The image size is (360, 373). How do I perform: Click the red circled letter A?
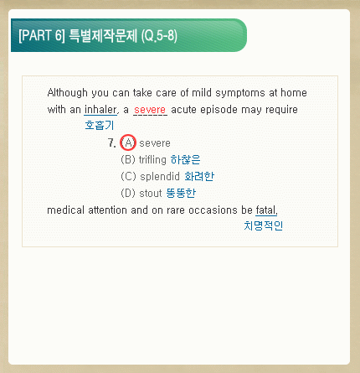(x=128, y=142)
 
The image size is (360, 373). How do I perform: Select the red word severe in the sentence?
(x=150, y=110)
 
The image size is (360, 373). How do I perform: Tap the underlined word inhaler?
(x=100, y=109)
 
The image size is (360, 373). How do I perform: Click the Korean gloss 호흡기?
(x=100, y=125)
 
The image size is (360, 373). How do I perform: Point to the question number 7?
(x=111, y=142)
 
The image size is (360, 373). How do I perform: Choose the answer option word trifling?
(x=152, y=159)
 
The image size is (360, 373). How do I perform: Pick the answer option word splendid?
(x=160, y=176)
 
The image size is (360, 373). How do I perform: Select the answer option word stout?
(x=151, y=193)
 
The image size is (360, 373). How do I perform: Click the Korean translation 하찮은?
(x=185, y=159)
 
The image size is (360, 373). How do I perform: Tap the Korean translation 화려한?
(x=199, y=176)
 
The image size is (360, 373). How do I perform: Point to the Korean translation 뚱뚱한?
(x=181, y=193)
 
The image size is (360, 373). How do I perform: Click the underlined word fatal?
(x=266, y=210)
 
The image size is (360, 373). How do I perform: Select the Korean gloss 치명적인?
(x=263, y=225)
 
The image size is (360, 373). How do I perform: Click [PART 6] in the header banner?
(x=42, y=35)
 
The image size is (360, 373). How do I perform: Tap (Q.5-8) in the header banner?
(x=159, y=36)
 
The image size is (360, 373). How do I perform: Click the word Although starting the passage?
(x=68, y=93)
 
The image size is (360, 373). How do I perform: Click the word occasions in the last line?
(x=213, y=210)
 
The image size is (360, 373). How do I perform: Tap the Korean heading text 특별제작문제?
(x=103, y=35)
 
